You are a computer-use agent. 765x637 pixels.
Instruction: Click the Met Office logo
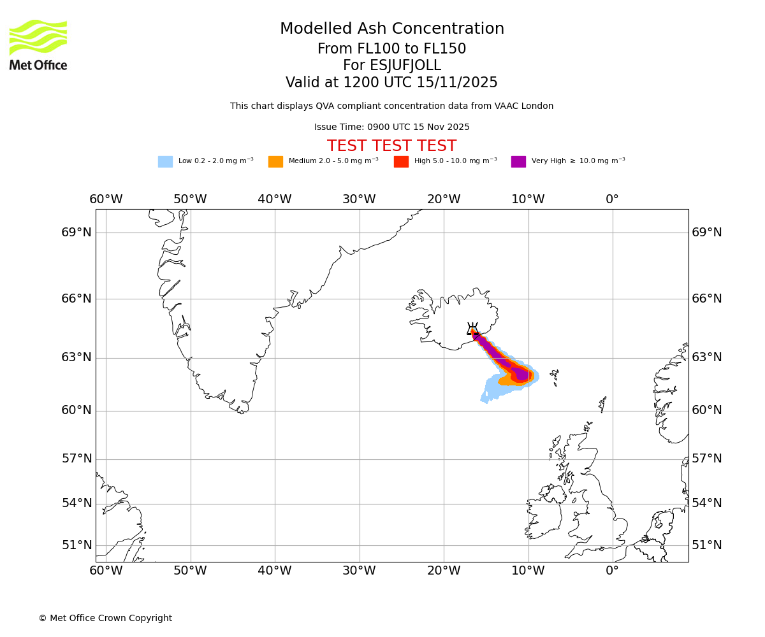pos(38,45)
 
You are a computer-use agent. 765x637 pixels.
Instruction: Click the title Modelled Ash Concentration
pos(391,29)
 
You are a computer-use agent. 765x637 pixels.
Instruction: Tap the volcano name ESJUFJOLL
pos(391,66)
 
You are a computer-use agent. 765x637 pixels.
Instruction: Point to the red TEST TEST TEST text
pos(391,147)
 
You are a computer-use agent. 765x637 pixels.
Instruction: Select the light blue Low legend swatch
pos(165,162)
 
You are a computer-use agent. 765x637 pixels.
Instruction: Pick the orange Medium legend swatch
pos(275,162)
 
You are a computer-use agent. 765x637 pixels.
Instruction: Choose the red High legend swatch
pos(401,162)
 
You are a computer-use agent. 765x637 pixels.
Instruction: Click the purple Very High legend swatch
pos(518,162)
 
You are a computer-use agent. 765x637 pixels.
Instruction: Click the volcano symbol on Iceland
pos(472,329)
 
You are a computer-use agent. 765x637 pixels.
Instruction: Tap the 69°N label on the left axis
pos(76,233)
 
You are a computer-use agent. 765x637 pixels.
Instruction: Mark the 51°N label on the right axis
pos(707,545)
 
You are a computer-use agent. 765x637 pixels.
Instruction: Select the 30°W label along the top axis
pos(359,199)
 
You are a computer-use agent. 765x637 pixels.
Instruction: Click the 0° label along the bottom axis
pos(612,571)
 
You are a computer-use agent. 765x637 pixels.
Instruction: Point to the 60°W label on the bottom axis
pos(106,571)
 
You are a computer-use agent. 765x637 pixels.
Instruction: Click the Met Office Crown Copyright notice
pos(105,619)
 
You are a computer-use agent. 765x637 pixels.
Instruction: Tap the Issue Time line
pos(391,127)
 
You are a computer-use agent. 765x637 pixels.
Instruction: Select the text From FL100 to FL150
pos(391,49)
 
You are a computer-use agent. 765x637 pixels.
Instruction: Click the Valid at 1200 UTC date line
pos(391,83)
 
